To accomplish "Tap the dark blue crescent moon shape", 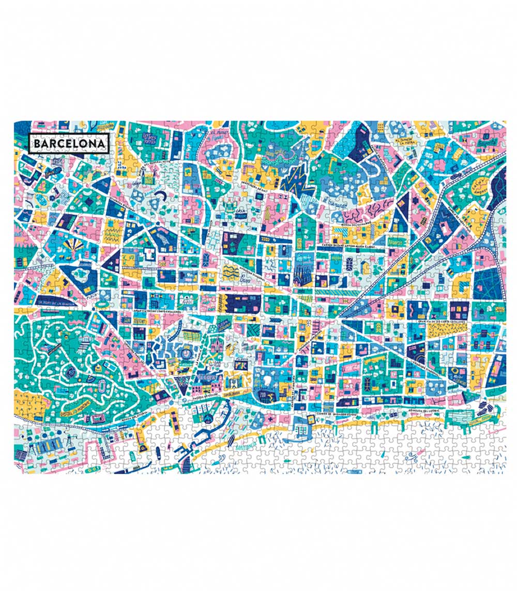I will coord(161,194).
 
